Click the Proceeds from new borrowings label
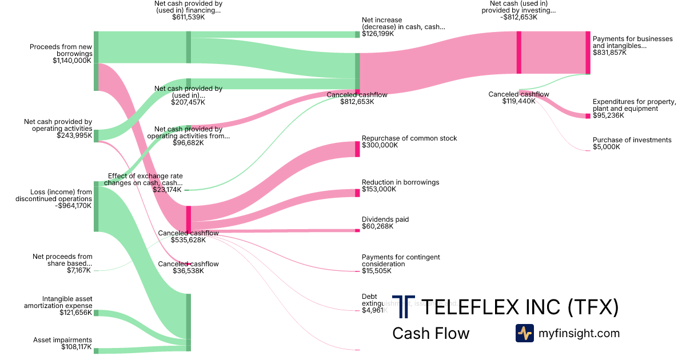tap(61, 50)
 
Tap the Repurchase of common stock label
tap(409, 138)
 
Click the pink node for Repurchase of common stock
tap(357, 149)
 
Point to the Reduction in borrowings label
tap(400, 182)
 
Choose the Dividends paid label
tap(385, 219)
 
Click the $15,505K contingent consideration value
tap(377, 271)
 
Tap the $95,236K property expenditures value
tap(609, 115)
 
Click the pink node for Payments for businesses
tap(588, 53)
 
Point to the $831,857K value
tap(609, 53)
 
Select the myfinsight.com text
tap(579, 333)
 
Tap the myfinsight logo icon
tap(525, 333)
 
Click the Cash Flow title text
tap(430, 333)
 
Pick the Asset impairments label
tap(62, 339)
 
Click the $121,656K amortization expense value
tap(75, 313)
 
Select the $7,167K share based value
tap(78, 270)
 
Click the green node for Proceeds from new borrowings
tap(96, 61)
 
